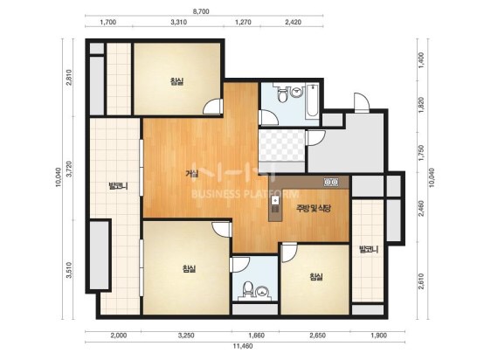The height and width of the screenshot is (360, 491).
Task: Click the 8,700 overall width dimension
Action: point(201,11)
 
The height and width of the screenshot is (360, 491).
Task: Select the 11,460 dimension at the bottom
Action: point(243,346)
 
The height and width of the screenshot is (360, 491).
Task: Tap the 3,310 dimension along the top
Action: point(179,22)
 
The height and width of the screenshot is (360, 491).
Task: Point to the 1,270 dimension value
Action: point(243,22)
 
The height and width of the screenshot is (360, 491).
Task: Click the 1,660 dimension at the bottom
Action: point(257,336)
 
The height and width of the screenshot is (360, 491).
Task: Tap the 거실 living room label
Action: point(191,173)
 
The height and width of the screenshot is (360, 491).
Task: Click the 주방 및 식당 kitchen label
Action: point(314,208)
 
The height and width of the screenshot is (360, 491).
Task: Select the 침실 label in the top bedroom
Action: point(176,82)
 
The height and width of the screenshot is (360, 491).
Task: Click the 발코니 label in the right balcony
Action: point(369,250)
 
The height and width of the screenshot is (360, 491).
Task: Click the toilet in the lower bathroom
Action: point(248,290)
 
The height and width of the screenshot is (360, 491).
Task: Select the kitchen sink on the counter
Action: point(275,200)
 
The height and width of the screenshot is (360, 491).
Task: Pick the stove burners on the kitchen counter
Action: point(331,182)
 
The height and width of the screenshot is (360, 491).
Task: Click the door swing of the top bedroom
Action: point(213,107)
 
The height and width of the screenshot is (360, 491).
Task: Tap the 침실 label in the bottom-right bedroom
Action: point(316,277)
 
